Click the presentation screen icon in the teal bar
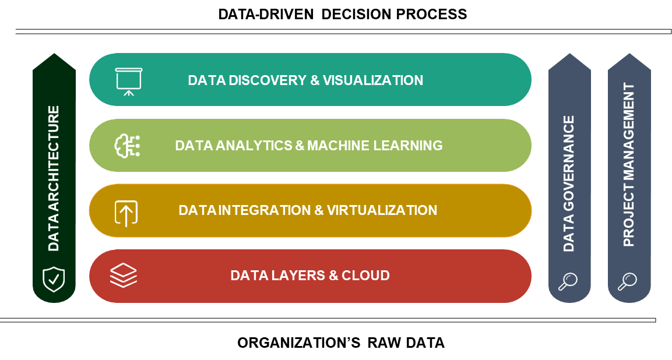[x=129, y=80]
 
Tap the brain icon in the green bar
[x=126, y=146]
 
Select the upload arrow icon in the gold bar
[x=126, y=213]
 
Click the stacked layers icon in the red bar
[x=124, y=275]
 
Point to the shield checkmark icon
[x=54, y=279]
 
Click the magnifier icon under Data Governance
[x=568, y=281]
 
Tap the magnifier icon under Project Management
[x=627, y=281]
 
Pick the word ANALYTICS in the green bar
[x=254, y=146]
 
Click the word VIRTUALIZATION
[x=382, y=210]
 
